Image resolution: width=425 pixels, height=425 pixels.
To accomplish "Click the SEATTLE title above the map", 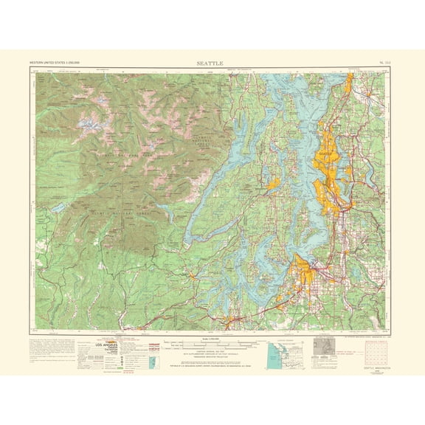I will [212, 64].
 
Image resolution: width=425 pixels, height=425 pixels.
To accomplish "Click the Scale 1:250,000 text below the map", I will [212, 339].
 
